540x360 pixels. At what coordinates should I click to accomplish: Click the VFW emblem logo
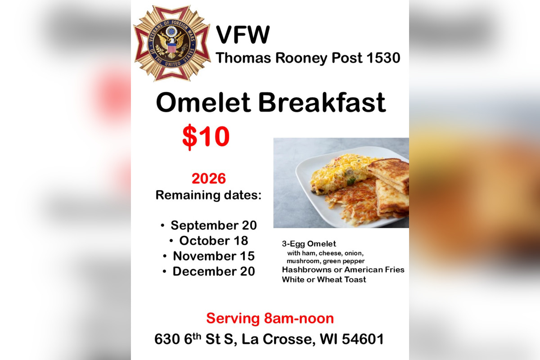point(172,43)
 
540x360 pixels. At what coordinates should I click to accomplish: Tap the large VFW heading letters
point(243,35)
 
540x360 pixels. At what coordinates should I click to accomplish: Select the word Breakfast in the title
point(322,103)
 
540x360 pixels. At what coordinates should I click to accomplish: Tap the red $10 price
point(206,136)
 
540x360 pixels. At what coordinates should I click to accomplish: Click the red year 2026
point(208,179)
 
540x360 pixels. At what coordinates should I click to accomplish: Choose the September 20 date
point(214,225)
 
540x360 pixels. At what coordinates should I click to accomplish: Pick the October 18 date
point(214,240)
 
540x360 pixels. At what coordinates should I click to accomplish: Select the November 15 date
point(214,256)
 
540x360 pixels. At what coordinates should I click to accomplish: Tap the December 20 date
point(214,271)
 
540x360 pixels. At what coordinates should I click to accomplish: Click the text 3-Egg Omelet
point(309,244)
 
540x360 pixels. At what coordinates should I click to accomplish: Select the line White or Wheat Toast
point(324,279)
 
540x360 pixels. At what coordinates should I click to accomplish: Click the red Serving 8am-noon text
point(270,318)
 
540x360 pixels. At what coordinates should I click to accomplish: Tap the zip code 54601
point(363,339)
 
